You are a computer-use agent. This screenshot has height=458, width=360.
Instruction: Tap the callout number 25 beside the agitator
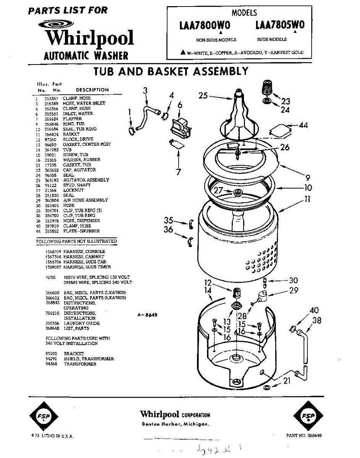(203, 96)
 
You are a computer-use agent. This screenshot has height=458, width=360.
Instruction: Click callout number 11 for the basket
(307, 199)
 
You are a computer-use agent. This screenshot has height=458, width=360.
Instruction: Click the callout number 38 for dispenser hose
(316, 321)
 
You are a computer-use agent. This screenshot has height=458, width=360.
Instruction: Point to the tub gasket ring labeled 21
(266, 388)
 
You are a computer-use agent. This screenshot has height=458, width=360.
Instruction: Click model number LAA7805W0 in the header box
(280, 25)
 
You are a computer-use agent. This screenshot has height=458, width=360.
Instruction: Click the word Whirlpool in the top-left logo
(90, 38)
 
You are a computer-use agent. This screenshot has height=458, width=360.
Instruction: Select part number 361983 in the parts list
(51, 150)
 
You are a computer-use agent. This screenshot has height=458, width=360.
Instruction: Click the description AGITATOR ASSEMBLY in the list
(86, 180)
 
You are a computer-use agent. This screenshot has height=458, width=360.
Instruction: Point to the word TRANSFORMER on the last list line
(80, 364)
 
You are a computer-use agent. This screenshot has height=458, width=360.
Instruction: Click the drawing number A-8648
(147, 315)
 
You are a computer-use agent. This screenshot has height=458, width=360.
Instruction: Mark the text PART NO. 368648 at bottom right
(304, 435)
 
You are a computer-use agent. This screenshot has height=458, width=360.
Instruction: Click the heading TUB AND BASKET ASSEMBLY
(171, 71)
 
